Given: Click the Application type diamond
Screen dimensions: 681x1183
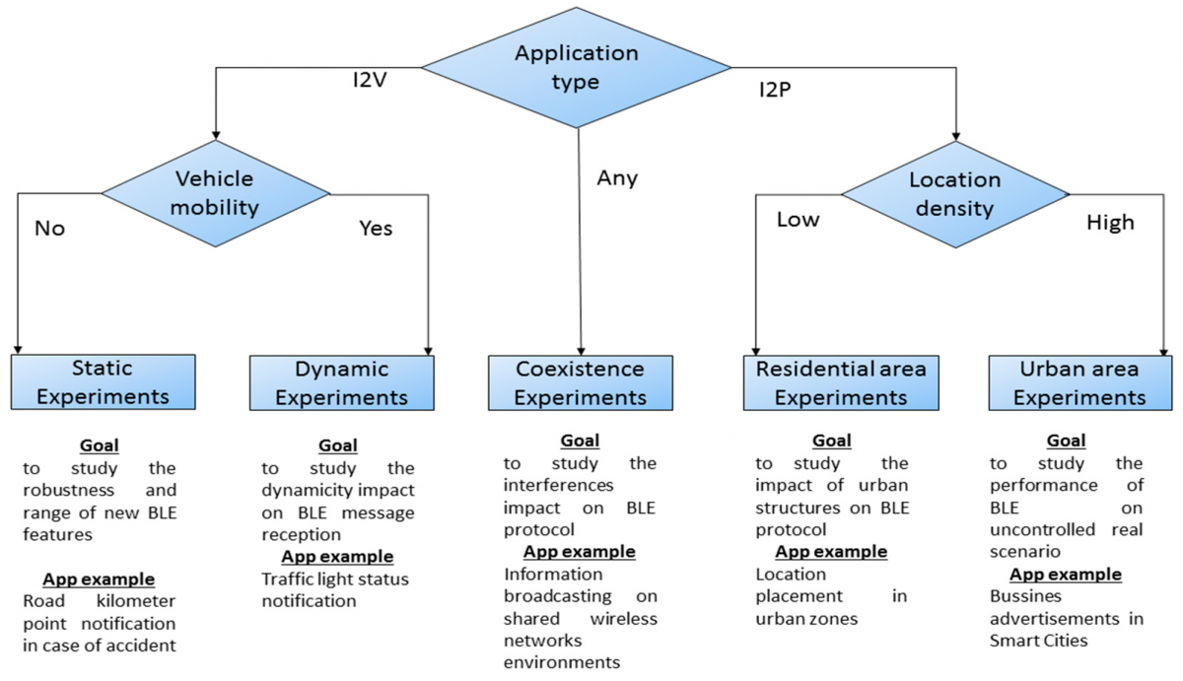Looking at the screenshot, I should tap(577, 67).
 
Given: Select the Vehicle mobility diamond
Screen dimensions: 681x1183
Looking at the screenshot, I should tap(214, 193).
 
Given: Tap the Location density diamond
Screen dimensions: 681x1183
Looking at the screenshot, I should tap(954, 193).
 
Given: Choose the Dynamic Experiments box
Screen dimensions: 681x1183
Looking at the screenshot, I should tap(341, 382).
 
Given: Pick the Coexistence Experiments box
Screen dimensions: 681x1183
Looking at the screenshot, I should tap(581, 382).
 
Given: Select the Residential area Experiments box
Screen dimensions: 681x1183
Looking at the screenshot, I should tap(841, 382).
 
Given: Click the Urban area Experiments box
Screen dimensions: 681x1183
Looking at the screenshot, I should tap(1079, 382).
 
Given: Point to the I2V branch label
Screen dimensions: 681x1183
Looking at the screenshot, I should tap(370, 78).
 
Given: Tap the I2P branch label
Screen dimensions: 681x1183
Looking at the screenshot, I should tap(776, 90).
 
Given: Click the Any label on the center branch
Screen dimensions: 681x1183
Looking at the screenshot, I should tap(617, 178).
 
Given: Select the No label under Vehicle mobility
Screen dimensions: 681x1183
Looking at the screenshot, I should tap(49, 229).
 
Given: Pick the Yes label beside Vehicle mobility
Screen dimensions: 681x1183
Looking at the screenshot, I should tap(376, 229).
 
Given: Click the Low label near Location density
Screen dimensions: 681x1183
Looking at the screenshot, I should tap(798, 219).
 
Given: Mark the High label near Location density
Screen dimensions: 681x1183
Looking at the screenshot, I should tap(1110, 223).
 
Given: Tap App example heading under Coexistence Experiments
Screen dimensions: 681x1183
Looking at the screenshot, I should tap(579, 551).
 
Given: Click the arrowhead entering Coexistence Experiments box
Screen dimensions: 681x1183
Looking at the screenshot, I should tap(582, 349).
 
